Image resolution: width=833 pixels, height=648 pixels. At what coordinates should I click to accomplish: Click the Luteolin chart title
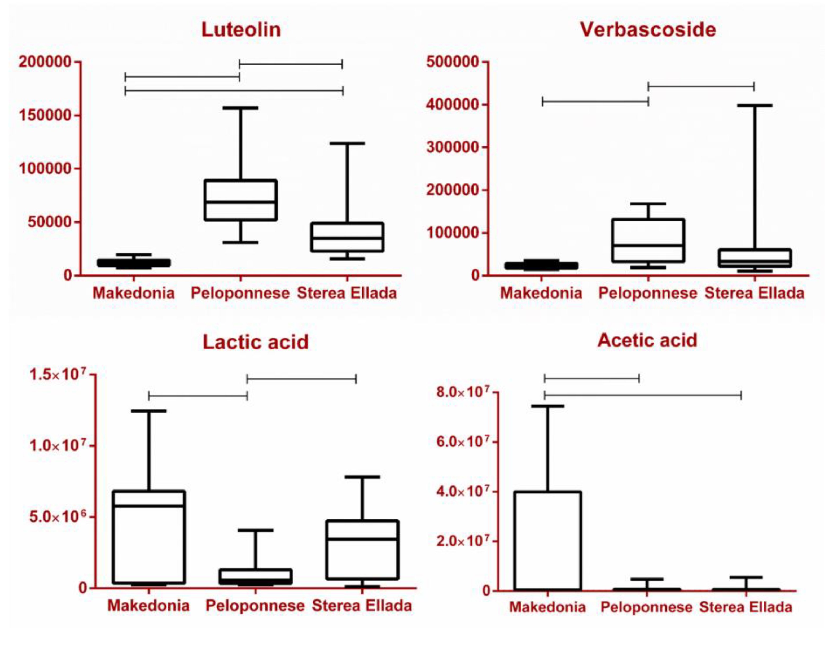point(241,30)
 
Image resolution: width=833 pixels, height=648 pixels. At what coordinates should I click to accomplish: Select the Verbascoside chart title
point(648,30)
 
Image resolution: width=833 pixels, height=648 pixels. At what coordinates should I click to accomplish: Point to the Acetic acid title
point(647,340)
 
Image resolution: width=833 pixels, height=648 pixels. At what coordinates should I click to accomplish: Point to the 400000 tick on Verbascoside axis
point(452,104)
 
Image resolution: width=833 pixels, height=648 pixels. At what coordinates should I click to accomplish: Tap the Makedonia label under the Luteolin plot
point(134,293)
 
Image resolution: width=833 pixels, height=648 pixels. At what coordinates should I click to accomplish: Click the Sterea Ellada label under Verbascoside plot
point(755,293)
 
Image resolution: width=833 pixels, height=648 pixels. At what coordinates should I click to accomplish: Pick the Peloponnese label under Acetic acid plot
point(647,607)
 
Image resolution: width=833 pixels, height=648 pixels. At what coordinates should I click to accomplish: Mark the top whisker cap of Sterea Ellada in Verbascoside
point(755,105)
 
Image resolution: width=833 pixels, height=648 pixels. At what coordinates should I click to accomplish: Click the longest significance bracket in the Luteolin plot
point(234,91)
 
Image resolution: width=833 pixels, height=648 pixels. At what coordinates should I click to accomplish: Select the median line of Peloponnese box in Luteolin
point(241,202)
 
